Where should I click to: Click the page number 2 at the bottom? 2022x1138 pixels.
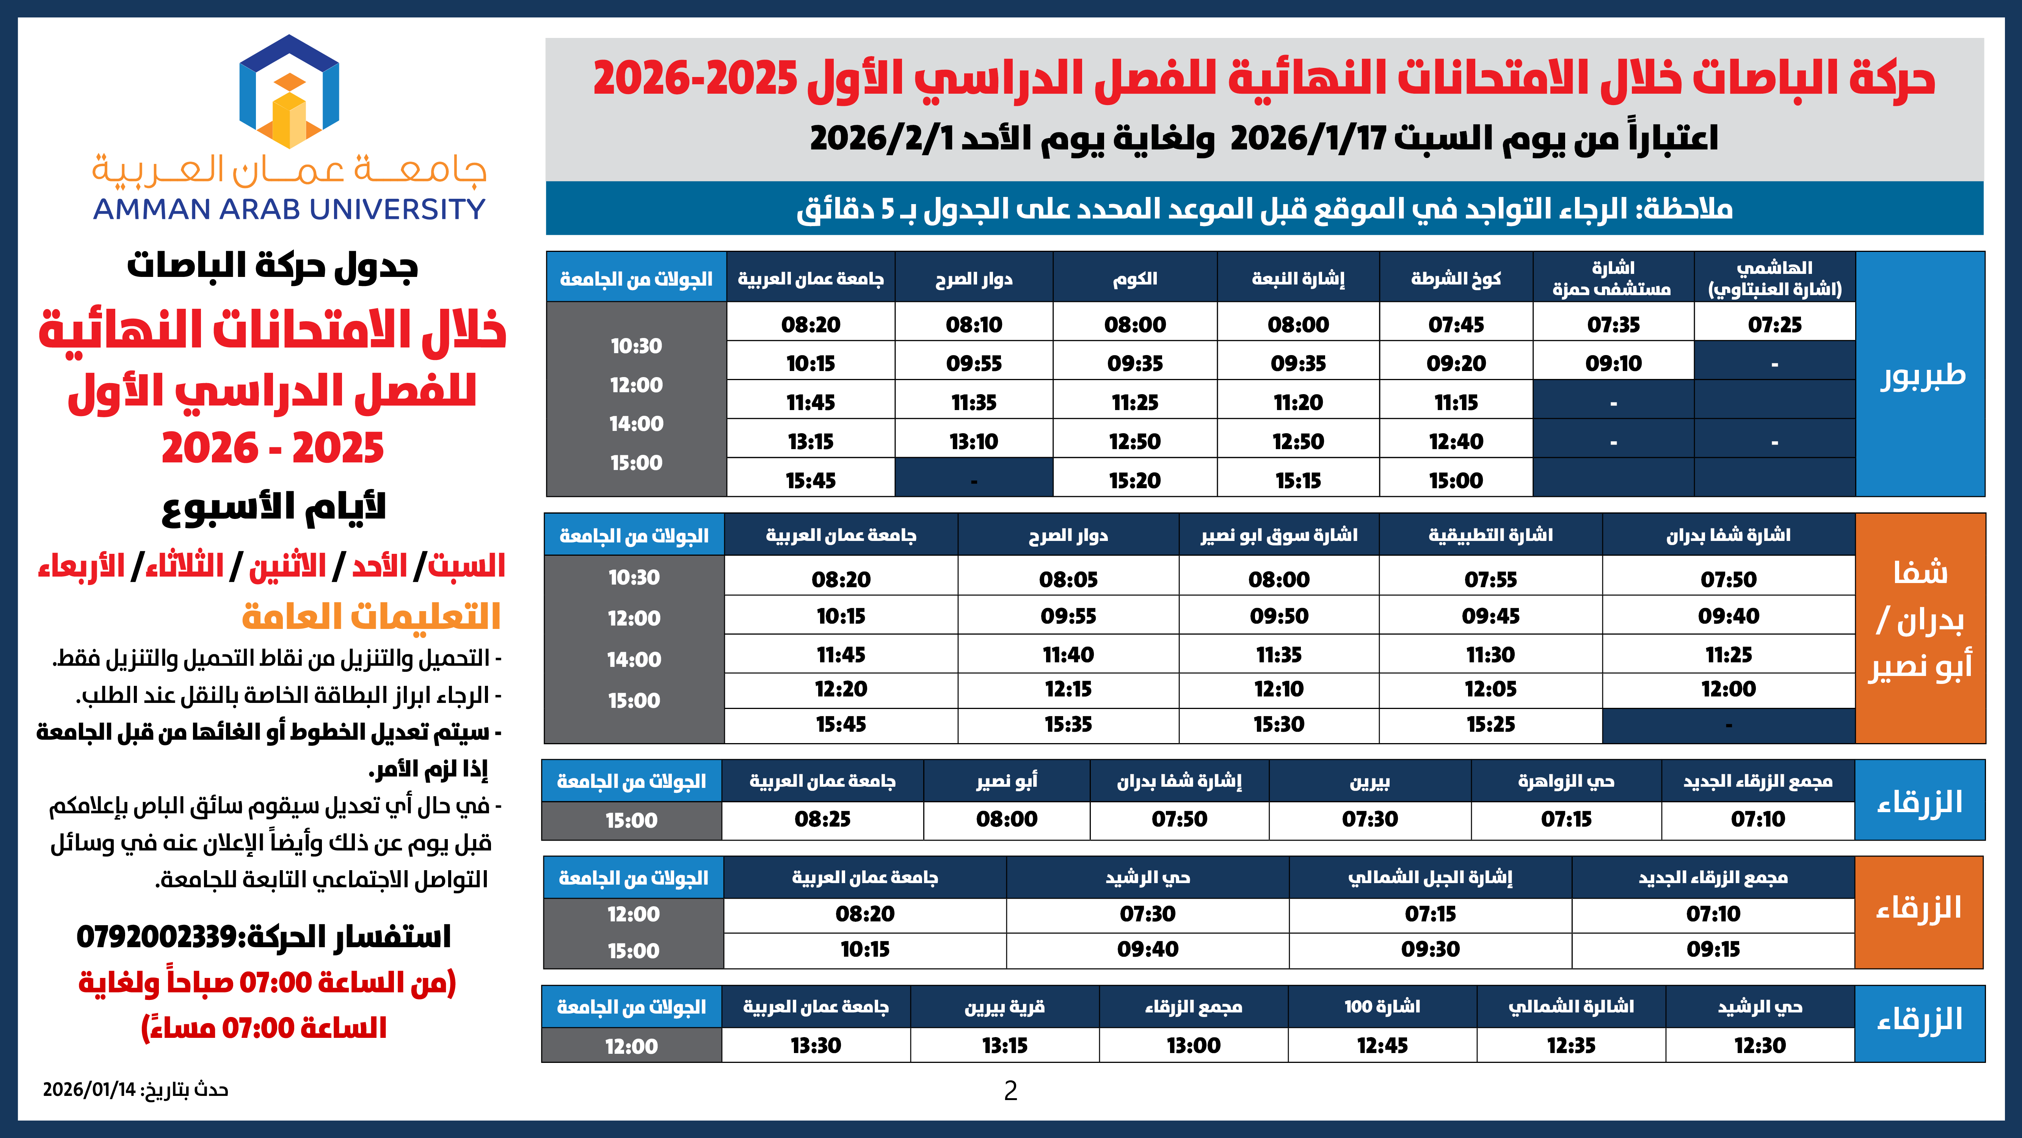tap(1010, 1090)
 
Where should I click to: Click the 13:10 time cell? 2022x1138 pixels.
tap(973, 442)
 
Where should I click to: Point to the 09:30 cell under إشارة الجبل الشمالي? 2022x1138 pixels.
tap(1430, 949)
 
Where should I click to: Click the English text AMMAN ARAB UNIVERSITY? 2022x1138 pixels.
tap(289, 209)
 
